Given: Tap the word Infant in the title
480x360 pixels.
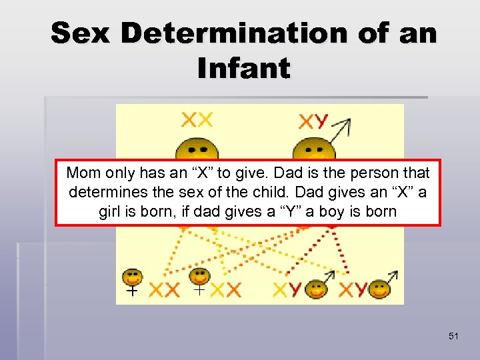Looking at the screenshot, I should pyautogui.click(x=244, y=68).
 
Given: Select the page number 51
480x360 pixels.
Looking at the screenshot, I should pyautogui.click(x=453, y=336).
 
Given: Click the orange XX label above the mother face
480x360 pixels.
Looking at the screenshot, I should pyautogui.click(x=197, y=121).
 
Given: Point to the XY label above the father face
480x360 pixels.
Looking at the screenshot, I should pyautogui.click(x=313, y=121).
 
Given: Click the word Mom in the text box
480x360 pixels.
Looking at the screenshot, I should pyautogui.click(x=83, y=174).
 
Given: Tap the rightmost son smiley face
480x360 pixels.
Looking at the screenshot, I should pyautogui.click(x=379, y=289).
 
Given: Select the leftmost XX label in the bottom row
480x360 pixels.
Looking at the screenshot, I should pyautogui.click(x=164, y=290).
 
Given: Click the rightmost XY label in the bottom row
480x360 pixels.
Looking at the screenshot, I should pyautogui.click(x=353, y=290).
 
